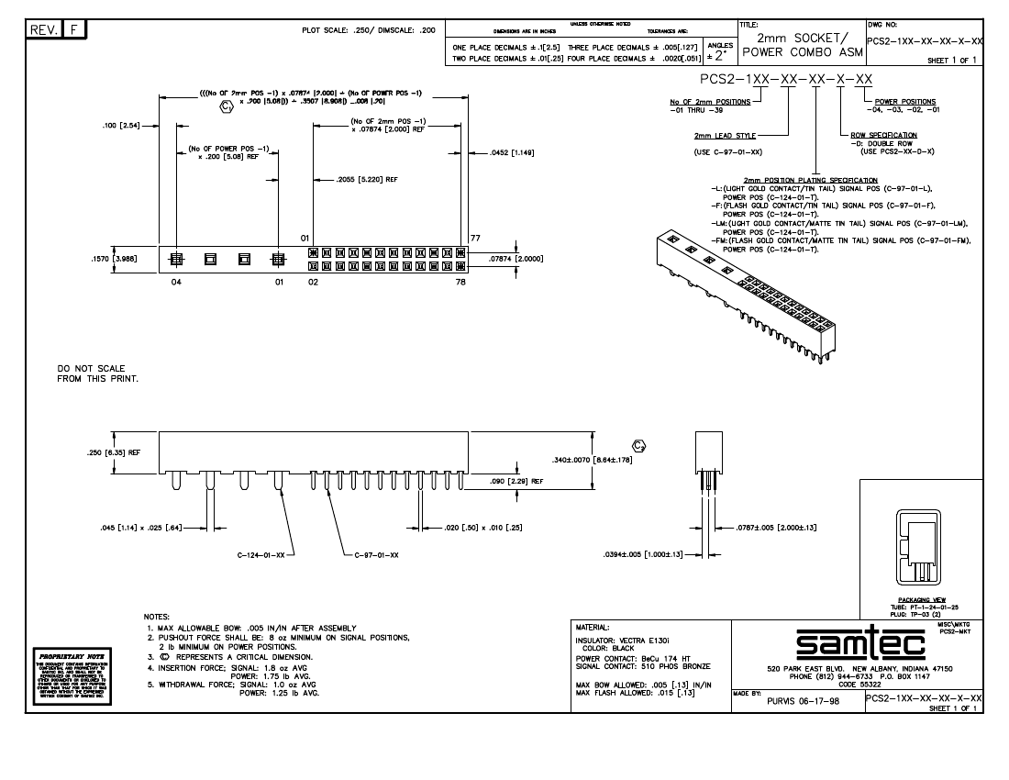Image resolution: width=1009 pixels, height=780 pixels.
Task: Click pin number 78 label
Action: (461, 283)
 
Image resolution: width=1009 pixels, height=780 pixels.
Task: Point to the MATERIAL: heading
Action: (593, 628)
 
